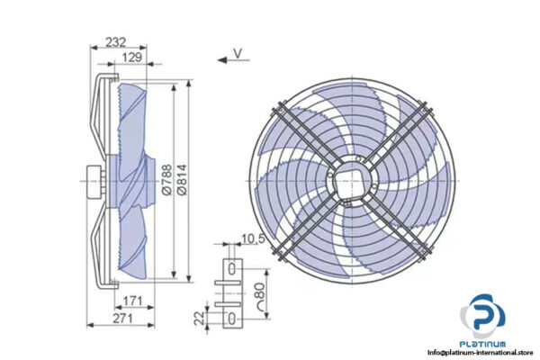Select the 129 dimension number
pyautogui.click(x=131, y=58)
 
